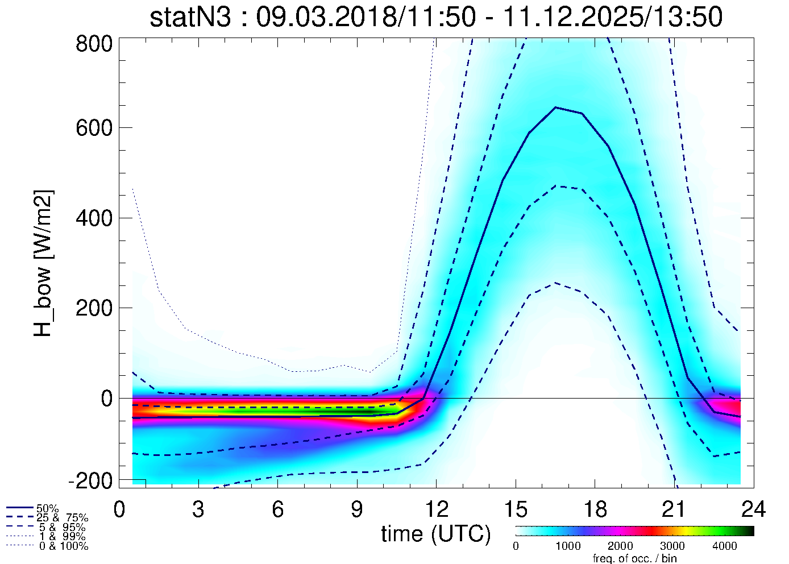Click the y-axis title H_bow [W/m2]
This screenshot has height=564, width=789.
point(43,263)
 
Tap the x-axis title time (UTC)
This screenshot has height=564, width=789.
point(436,534)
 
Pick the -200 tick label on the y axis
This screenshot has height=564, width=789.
point(91,481)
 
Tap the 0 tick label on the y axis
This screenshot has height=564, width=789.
point(107,399)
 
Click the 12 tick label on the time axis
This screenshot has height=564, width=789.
point(436,509)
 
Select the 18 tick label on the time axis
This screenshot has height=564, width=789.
point(595,509)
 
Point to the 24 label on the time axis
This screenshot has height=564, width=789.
point(753,509)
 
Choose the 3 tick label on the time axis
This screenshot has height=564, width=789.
point(198,509)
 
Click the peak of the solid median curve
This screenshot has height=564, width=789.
point(555,107)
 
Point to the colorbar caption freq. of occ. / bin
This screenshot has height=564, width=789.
point(634,558)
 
